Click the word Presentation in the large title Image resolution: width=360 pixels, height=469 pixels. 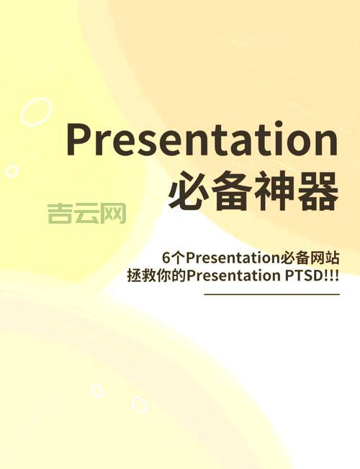click(x=202, y=141)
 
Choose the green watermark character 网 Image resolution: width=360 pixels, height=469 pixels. click(x=113, y=213)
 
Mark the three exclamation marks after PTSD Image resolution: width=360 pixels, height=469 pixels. click(x=332, y=277)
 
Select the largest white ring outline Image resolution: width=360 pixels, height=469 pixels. click(x=36, y=113)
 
